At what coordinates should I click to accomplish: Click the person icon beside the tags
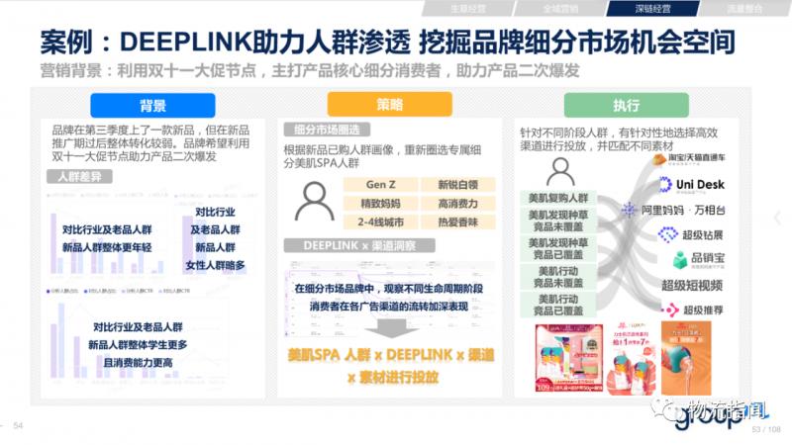(315, 202)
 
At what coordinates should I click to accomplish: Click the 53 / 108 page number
(765, 429)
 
